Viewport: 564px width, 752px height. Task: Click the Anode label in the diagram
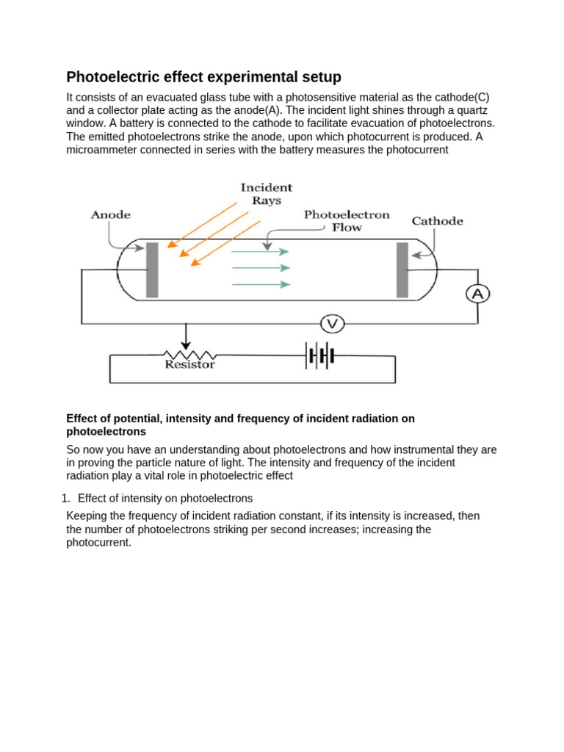(x=110, y=215)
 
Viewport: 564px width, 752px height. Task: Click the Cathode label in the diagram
(x=437, y=221)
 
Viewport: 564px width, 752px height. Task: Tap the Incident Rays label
(x=267, y=194)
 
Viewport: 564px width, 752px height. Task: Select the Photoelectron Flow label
(x=347, y=221)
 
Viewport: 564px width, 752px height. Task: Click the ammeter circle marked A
(x=478, y=294)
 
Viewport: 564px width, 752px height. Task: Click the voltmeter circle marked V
(x=331, y=323)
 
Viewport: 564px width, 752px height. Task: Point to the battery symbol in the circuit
(x=321, y=356)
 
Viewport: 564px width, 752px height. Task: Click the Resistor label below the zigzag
(x=189, y=364)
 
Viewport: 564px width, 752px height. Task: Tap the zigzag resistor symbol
(x=187, y=354)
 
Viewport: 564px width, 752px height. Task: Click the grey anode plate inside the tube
(x=152, y=270)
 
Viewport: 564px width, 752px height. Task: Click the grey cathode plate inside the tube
(x=402, y=270)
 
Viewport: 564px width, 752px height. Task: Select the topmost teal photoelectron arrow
(x=261, y=252)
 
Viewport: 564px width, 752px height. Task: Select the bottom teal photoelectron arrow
(x=261, y=284)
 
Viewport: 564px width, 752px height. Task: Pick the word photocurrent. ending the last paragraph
(x=98, y=543)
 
